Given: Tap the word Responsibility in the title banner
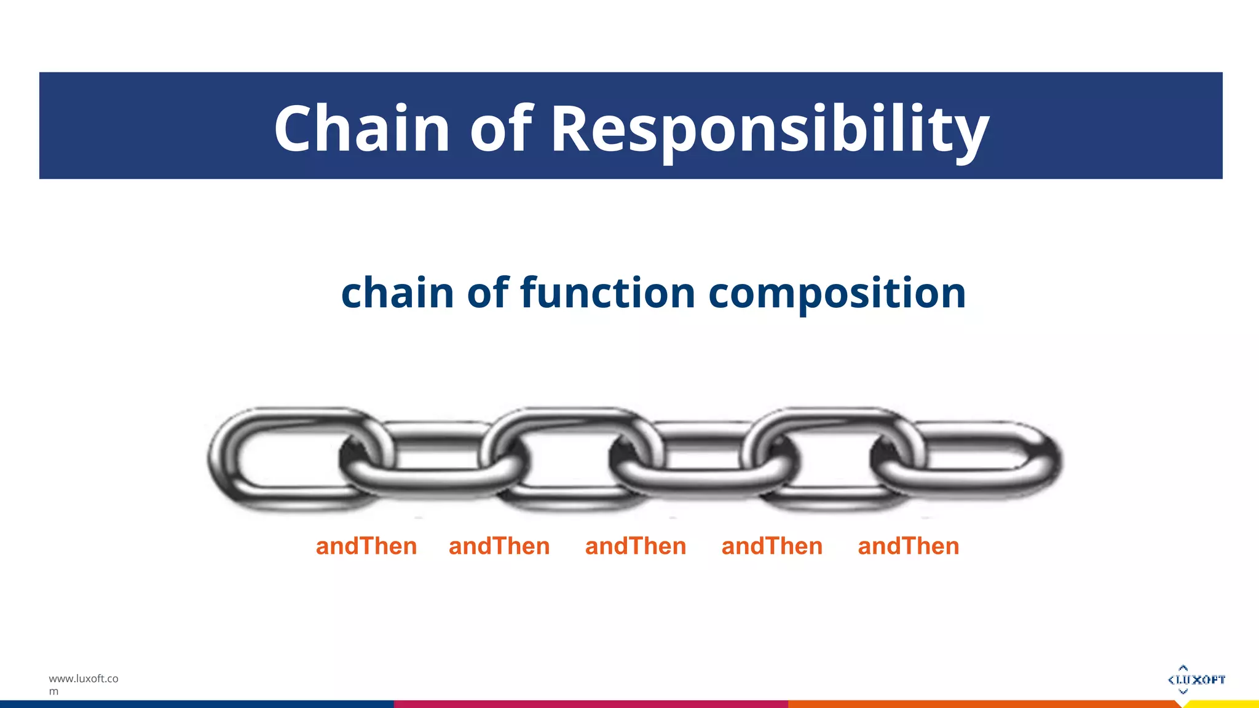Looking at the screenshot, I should pyautogui.click(x=770, y=129).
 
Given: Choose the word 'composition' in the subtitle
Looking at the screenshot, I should pyautogui.click(x=837, y=294).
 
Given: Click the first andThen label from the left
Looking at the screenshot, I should pyautogui.click(x=366, y=546).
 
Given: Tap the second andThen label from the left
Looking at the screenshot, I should pyautogui.click(x=499, y=546).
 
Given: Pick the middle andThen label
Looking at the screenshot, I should pyautogui.click(x=636, y=546).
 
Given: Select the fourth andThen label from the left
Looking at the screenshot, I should pyautogui.click(x=772, y=546).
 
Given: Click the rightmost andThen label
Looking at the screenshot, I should pyautogui.click(x=909, y=546).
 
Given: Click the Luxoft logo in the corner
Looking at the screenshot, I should pyautogui.click(x=1196, y=679).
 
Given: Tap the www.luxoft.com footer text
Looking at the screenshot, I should pyautogui.click(x=83, y=684).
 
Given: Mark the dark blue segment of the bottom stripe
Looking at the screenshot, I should pyautogui.click(x=197, y=704).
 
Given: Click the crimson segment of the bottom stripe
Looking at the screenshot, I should pyautogui.click(x=590, y=704).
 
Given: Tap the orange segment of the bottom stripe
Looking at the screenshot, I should pyautogui.click(x=984, y=704).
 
